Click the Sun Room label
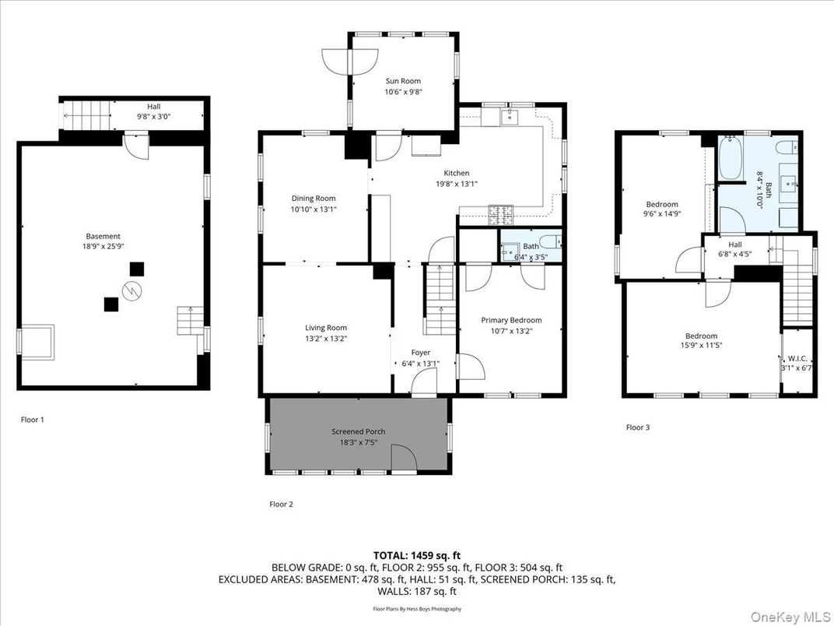[x=403, y=81]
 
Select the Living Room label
[x=325, y=328]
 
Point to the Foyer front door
[x=424, y=382]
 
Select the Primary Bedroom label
[x=511, y=320]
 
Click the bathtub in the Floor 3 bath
[x=731, y=160]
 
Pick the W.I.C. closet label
[x=798, y=359]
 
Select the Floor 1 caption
[x=33, y=420]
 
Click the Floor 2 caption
[x=281, y=505]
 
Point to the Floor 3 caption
[x=638, y=427]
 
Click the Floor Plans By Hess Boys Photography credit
[x=417, y=609]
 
